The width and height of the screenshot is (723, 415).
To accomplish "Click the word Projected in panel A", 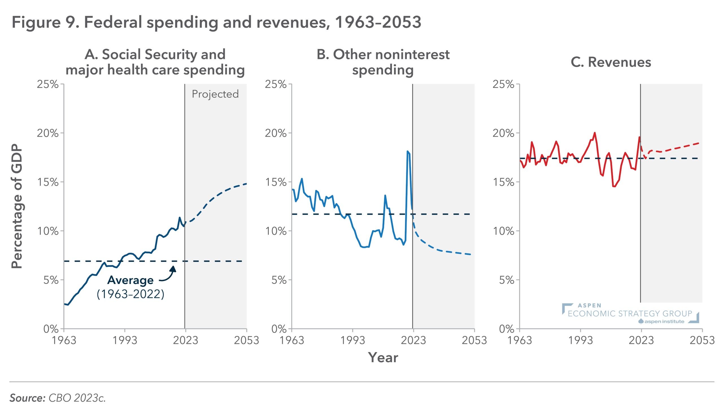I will tap(215, 94).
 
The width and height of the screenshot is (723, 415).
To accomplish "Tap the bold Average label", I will tap(130, 280).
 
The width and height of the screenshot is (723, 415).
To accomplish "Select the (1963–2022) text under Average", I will tap(130, 294).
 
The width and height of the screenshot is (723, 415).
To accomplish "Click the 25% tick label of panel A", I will tap(47, 84).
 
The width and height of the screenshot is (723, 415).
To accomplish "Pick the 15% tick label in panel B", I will tap(275, 182).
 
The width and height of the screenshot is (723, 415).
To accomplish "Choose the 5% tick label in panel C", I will tap(507, 280).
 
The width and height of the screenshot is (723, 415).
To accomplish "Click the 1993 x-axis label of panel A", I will tap(125, 340).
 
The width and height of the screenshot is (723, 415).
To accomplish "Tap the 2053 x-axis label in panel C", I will tap(702, 340).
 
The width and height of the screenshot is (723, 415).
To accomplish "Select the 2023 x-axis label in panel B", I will tap(413, 340).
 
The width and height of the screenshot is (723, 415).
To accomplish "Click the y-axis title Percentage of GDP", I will tap(17, 207).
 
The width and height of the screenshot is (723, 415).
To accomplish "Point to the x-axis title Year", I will tap(383, 357).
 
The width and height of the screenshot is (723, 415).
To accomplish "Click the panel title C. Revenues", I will tap(611, 62).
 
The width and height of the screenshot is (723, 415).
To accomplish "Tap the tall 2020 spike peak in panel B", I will tap(407, 151).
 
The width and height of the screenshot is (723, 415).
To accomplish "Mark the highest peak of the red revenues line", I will tap(594, 133).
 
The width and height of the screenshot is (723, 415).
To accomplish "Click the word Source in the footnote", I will tap(27, 398).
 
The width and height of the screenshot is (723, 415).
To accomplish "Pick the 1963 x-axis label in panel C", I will tap(519, 340).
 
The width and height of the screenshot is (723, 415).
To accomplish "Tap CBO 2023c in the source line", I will tap(77, 398).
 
